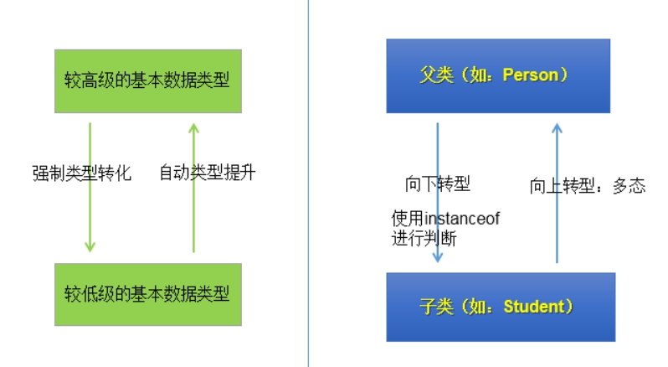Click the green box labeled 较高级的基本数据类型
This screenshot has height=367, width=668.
[147, 80]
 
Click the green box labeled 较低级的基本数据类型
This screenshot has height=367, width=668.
[147, 294]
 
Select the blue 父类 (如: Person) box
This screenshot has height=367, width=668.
[498, 76]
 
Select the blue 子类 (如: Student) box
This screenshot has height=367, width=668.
[501, 307]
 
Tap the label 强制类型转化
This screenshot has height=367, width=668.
[82, 173]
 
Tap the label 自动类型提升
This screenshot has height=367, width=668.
[207, 173]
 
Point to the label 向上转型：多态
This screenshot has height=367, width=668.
[588, 186]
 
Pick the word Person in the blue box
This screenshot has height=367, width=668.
[535, 76]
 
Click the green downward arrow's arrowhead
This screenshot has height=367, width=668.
[90, 246]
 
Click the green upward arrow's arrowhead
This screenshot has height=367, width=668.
[193, 128]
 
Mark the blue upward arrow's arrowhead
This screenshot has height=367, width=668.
[557, 129]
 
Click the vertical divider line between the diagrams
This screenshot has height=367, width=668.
[308, 183]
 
